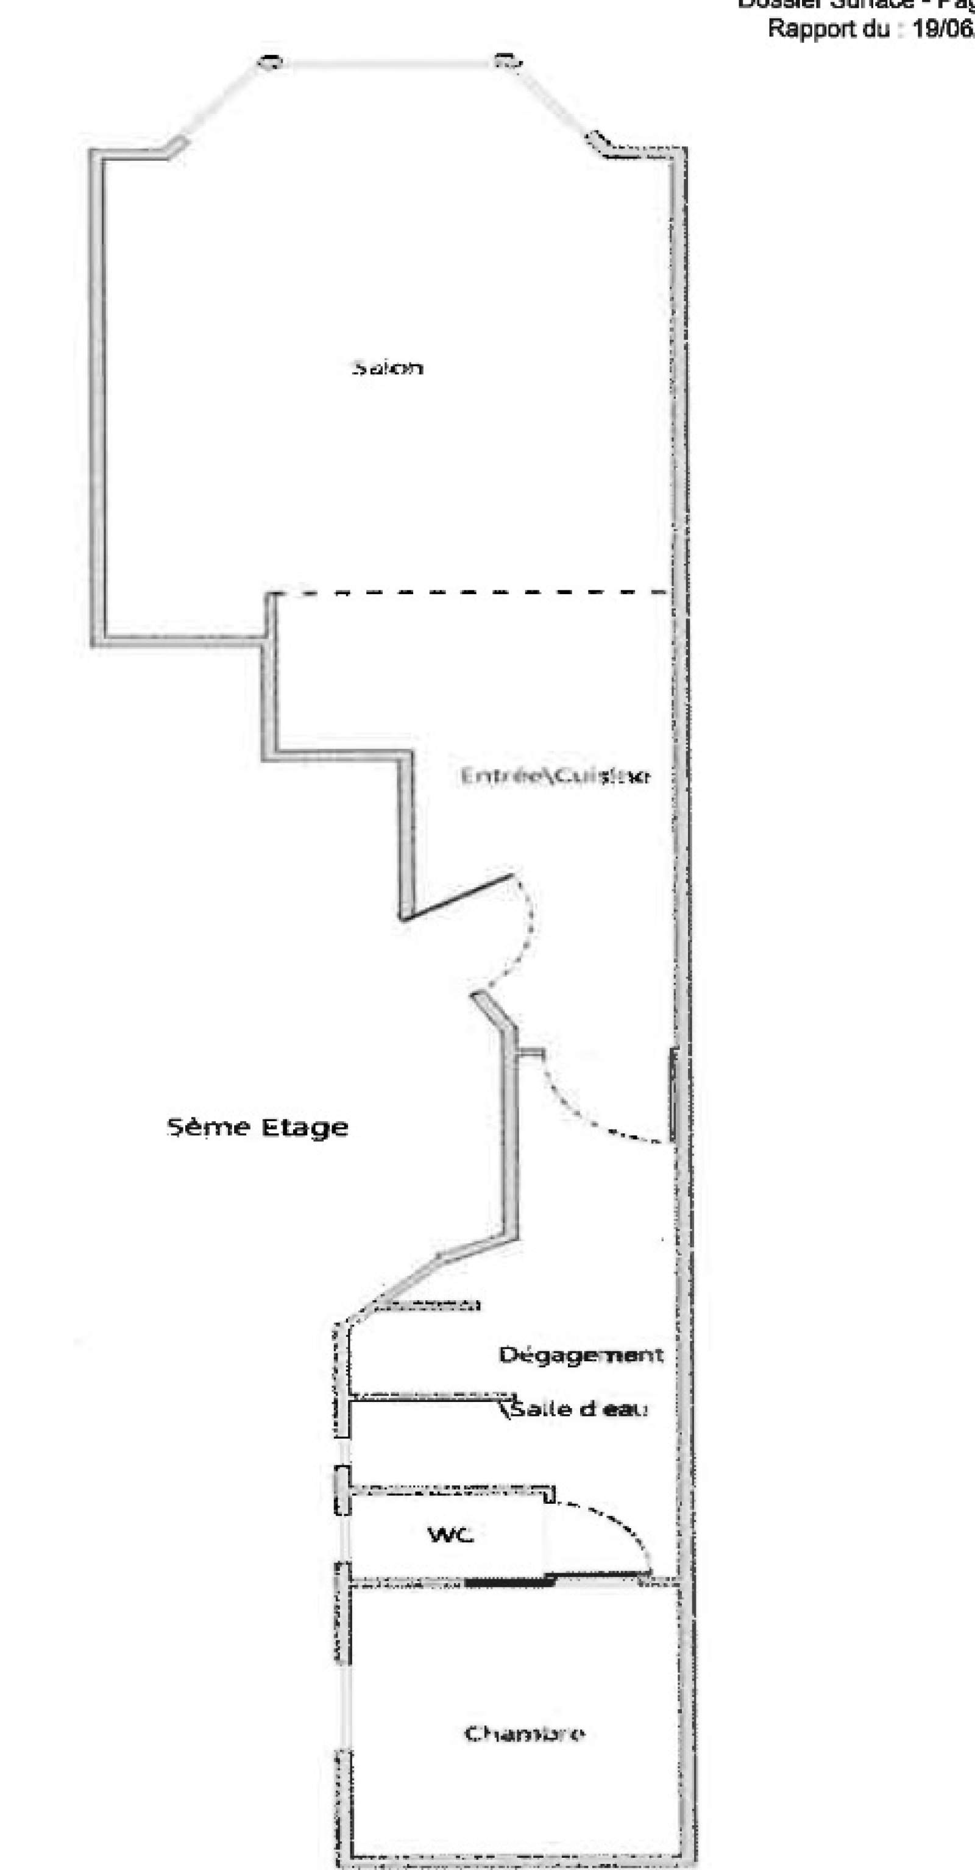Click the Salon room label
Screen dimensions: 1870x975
pyautogui.click(x=388, y=367)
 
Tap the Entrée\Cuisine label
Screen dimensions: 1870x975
pyautogui.click(x=555, y=776)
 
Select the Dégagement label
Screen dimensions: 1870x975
pyautogui.click(x=581, y=1355)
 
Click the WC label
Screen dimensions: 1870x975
pyautogui.click(x=450, y=1535)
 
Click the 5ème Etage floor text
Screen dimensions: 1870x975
pyautogui.click(x=258, y=1127)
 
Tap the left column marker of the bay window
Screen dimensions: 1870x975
pyautogui.click(x=270, y=62)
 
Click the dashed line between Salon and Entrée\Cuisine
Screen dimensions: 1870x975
pyautogui.click(x=472, y=592)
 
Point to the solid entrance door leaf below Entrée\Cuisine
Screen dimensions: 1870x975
pyautogui.click(x=458, y=898)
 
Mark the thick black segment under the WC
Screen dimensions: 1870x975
pyautogui.click(x=508, y=1582)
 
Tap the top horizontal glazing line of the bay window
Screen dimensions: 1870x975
pyautogui.click(x=388, y=63)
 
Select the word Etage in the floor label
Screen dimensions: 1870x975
pyautogui.click(x=305, y=1127)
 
